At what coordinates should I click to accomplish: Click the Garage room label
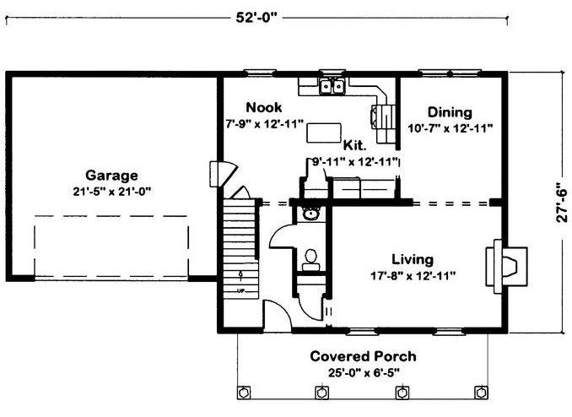coord(111,176)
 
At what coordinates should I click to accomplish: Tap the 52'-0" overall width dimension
coord(256,17)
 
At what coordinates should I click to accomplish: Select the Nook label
coord(264,107)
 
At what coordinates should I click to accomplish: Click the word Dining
coord(450,112)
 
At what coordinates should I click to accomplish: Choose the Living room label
coord(413,260)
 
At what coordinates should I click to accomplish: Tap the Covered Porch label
coord(363,356)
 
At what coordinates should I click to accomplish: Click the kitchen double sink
coord(332,87)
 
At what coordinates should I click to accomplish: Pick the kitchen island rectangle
coord(324,133)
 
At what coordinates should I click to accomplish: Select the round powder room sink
coord(310,214)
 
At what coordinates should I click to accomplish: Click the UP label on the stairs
coord(240,291)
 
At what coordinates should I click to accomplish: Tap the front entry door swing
coord(278,315)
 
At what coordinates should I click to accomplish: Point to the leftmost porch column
coord(243,393)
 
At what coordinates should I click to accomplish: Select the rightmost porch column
coord(481,393)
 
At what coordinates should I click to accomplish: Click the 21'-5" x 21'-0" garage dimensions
coord(112,192)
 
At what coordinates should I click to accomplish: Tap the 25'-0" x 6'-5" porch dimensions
coord(364,373)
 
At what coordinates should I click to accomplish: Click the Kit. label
coord(354,145)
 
